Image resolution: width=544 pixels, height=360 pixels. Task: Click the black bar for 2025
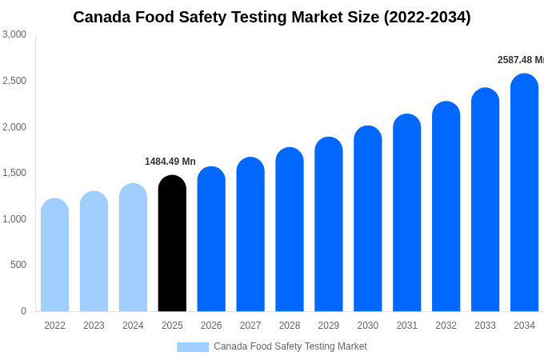(x=172, y=244)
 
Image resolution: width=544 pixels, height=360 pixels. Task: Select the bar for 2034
(x=524, y=193)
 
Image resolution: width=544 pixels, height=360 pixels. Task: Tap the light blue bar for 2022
(x=54, y=255)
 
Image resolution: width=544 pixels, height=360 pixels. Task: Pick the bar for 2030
(x=368, y=219)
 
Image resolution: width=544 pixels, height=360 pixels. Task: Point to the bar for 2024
(x=133, y=248)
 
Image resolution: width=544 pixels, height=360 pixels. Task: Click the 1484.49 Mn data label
(x=170, y=162)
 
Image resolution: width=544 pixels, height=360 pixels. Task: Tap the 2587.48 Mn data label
(x=520, y=60)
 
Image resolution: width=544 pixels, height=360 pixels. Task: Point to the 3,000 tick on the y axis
(x=14, y=34)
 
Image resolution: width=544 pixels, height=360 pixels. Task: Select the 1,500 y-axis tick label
(x=14, y=173)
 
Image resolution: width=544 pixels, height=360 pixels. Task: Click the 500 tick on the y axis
(x=18, y=265)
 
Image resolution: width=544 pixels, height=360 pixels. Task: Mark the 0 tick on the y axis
(x=23, y=311)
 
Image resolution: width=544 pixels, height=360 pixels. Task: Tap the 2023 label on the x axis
(x=94, y=326)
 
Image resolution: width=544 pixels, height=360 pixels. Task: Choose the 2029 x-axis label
(x=329, y=326)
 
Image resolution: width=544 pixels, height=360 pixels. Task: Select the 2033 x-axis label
(x=485, y=326)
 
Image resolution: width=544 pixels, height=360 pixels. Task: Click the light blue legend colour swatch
(x=193, y=347)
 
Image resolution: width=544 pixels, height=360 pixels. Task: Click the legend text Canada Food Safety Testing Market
(x=290, y=346)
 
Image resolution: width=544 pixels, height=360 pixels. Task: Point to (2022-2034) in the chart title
(x=427, y=17)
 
